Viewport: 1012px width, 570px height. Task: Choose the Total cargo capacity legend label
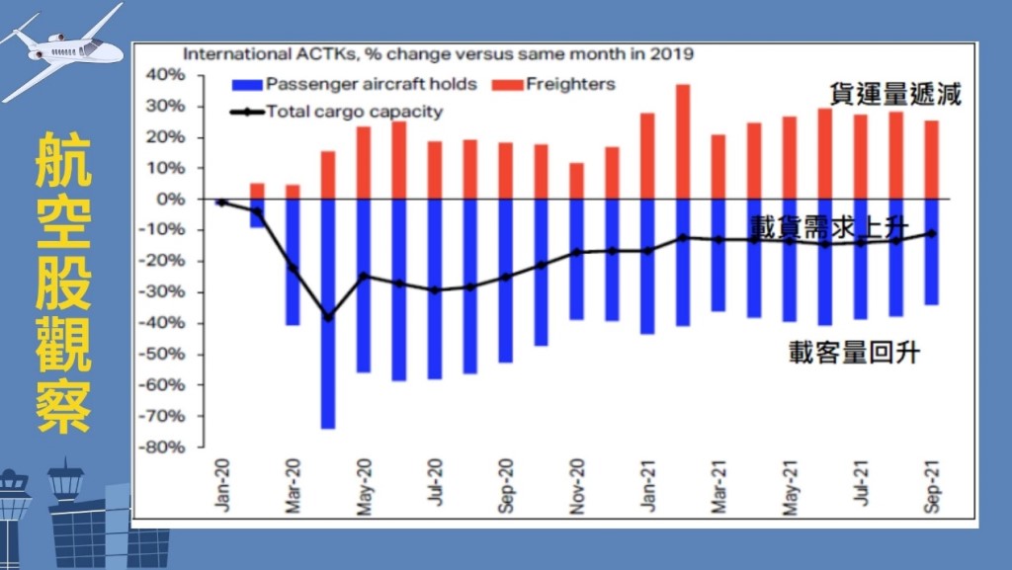(x=355, y=112)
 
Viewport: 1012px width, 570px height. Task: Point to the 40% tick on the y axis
(x=165, y=75)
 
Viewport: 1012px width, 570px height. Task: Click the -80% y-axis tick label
(x=163, y=447)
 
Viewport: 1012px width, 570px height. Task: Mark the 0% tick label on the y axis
(x=171, y=200)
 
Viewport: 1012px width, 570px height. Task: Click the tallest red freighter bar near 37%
(x=683, y=141)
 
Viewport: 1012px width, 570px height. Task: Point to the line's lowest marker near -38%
(x=328, y=317)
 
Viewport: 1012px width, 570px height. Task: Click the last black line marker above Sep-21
(x=931, y=234)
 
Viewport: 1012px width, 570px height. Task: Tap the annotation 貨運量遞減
(x=895, y=96)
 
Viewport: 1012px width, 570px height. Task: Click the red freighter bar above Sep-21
(x=931, y=159)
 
